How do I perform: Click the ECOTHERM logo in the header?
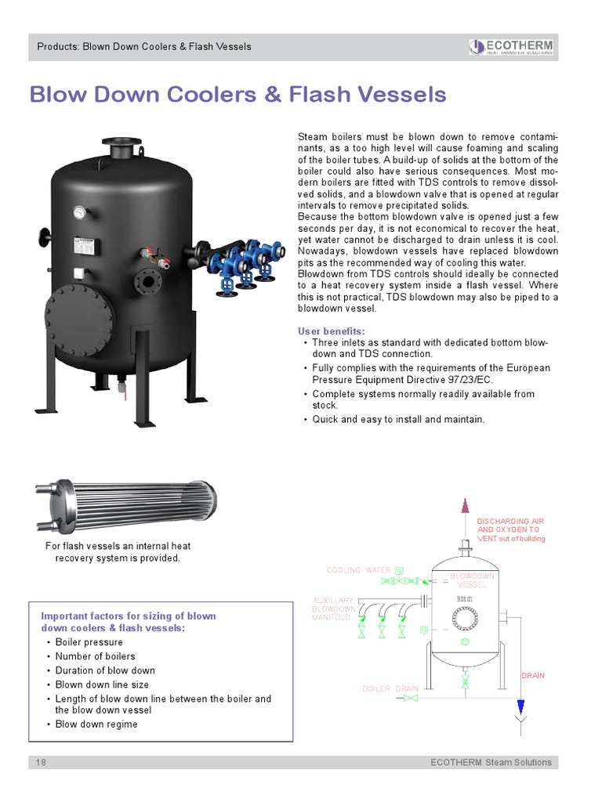pos(510,47)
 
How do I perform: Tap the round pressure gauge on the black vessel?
pos(80,211)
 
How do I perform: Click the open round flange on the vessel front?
pos(147,280)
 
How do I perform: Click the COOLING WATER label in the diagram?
pos(358,570)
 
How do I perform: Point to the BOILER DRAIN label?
pos(390,688)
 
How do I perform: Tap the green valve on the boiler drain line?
pos(466,683)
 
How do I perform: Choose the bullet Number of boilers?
pos(95,656)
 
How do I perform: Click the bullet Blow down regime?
pos(96,724)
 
